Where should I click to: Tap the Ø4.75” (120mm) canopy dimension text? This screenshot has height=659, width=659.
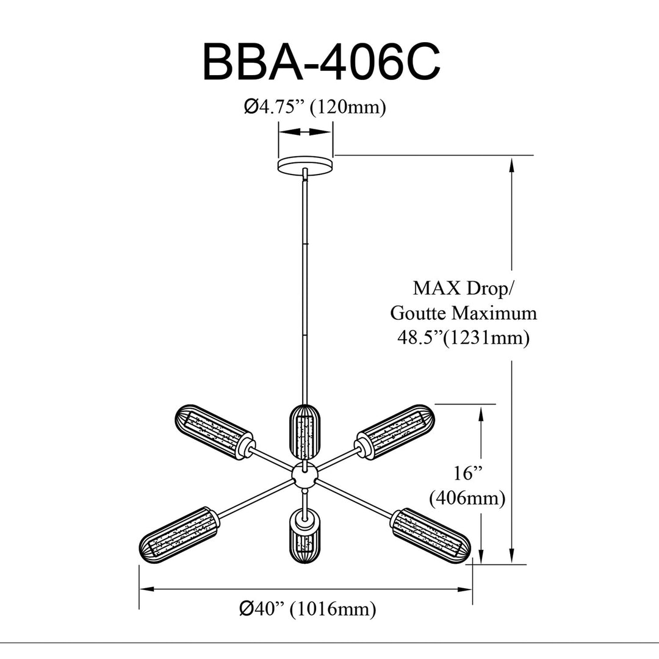pyautogui.click(x=314, y=107)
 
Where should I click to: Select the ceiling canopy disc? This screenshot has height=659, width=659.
pyautogui.click(x=306, y=164)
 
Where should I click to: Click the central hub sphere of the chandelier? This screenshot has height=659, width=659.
pyautogui.click(x=304, y=475)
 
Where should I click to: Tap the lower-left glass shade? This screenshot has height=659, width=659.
pyautogui.click(x=179, y=535)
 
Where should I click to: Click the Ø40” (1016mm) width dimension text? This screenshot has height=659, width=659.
pyautogui.click(x=308, y=609)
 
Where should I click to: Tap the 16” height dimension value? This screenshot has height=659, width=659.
pyautogui.click(x=467, y=474)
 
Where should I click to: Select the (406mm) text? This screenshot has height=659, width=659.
pyautogui.click(x=467, y=499)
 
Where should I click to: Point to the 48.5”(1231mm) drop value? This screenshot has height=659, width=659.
pyautogui.click(x=464, y=337)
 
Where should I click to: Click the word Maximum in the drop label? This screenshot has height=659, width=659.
pyautogui.click(x=494, y=313)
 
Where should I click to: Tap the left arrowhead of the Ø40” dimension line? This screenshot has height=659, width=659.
pyautogui.click(x=145, y=589)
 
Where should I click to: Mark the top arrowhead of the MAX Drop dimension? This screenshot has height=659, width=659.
pyautogui.click(x=511, y=164)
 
